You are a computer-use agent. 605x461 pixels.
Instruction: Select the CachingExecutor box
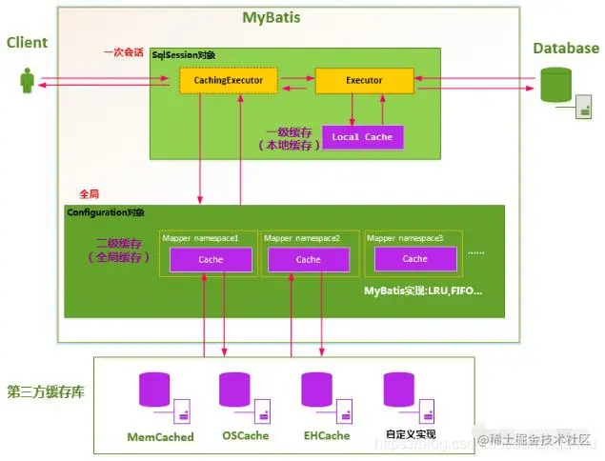(229, 81)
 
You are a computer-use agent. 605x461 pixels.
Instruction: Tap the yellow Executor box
(363, 81)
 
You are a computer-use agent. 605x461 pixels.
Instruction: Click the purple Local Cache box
(362, 137)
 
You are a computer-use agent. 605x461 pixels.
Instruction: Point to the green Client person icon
(28, 80)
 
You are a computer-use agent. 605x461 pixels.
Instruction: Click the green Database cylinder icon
(557, 85)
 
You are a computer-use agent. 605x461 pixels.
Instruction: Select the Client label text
(27, 43)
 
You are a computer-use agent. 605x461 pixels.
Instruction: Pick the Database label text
(566, 49)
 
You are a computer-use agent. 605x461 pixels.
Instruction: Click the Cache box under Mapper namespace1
(211, 259)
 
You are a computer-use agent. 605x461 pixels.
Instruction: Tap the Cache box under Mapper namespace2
(309, 259)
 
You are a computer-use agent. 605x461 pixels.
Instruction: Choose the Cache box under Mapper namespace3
(414, 258)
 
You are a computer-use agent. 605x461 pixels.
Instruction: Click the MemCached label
(160, 437)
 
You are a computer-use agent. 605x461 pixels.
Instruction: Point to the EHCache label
(326, 436)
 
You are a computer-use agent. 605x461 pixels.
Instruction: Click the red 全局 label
(89, 193)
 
